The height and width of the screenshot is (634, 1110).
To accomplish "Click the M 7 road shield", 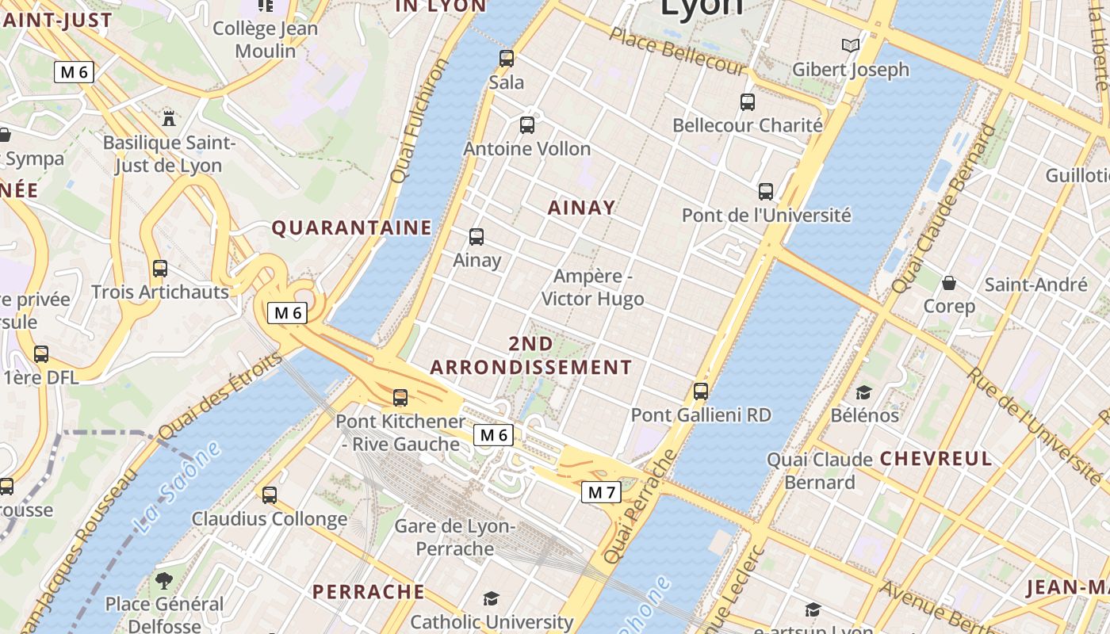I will (x=601, y=492).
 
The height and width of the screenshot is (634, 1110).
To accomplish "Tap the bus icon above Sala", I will (x=507, y=58).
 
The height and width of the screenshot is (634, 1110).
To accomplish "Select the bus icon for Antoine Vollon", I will (x=527, y=124).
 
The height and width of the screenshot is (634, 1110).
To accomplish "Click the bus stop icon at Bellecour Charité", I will (x=748, y=101).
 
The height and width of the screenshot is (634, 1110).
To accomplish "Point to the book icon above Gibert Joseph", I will (x=851, y=46).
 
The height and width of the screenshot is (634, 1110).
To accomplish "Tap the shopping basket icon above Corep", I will (x=949, y=283).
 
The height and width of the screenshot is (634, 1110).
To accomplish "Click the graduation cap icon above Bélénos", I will (x=863, y=392).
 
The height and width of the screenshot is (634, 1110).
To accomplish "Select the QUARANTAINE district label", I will (x=352, y=228).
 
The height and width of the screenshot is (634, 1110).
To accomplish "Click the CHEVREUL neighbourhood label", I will (x=936, y=459).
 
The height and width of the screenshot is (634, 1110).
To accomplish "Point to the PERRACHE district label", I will (x=369, y=592).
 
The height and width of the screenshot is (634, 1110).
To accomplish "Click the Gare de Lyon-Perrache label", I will (x=455, y=537).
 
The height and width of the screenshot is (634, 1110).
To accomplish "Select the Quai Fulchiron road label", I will (x=421, y=120).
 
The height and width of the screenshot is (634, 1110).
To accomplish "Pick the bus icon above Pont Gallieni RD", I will (x=701, y=391).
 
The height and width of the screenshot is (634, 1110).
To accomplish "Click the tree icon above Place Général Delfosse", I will (x=164, y=581).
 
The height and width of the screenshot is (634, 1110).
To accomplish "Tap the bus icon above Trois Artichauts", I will (x=160, y=269).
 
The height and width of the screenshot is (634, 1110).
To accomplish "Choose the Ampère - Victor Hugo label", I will (x=592, y=288).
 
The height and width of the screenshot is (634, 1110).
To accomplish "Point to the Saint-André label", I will (x=1035, y=285).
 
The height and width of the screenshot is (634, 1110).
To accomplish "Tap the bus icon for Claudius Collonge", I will (x=270, y=495).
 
